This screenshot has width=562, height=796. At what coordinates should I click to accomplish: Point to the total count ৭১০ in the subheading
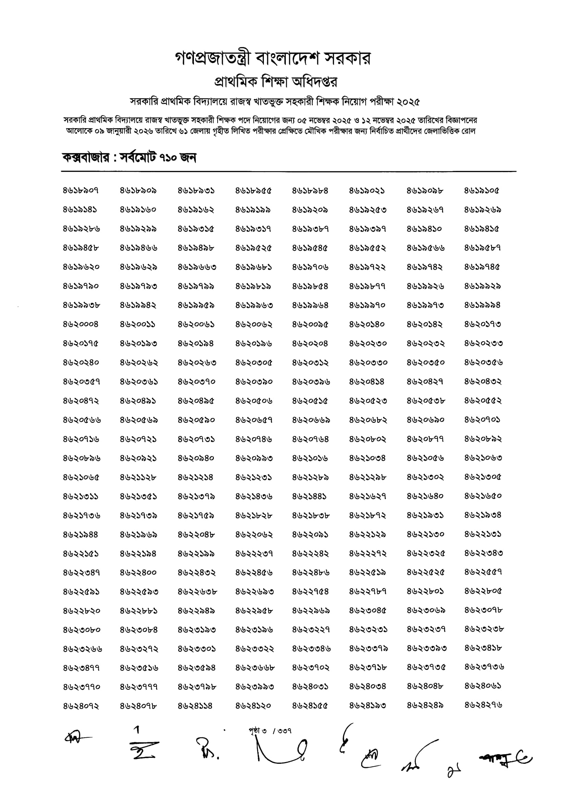(168, 158)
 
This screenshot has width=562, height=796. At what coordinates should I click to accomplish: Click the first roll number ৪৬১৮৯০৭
(81, 191)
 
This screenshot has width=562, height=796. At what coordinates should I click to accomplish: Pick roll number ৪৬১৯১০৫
(481, 191)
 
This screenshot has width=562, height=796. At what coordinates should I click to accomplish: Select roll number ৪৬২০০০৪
(81, 325)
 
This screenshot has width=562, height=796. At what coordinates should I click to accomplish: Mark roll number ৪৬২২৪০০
(138, 573)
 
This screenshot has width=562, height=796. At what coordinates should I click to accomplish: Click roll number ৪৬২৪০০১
(310, 687)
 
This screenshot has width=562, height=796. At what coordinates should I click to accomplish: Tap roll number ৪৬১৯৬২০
(81, 267)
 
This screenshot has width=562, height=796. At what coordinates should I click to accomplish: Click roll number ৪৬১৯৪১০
(424, 229)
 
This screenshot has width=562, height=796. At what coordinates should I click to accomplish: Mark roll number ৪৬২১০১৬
(310, 458)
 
